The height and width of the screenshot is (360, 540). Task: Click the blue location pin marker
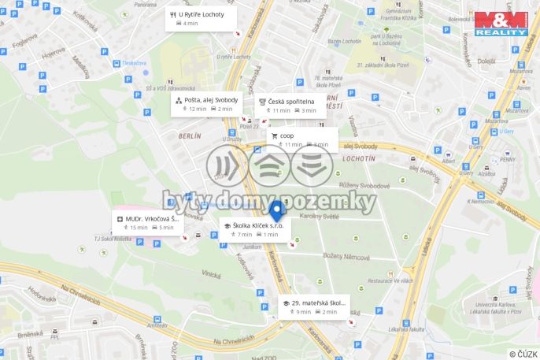pyautogui.click(x=276, y=210)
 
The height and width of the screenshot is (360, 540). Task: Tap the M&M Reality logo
pyautogui.click(x=501, y=23)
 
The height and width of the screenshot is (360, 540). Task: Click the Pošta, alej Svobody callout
pyautogui.click(x=207, y=104)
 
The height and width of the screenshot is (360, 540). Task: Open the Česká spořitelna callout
pyautogui.click(x=287, y=106)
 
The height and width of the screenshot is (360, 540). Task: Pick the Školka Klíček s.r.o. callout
pyautogui.click(x=255, y=229)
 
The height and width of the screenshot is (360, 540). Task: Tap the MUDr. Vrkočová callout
pyautogui.click(x=145, y=222)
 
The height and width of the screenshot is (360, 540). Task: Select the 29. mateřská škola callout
pyautogui.click(x=314, y=306)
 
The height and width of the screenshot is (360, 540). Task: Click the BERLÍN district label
pyautogui.click(x=190, y=135)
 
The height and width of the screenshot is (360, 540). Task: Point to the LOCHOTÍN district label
pyautogui.click(x=359, y=158)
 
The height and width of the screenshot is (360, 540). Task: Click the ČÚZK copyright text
pyautogui.click(x=523, y=354)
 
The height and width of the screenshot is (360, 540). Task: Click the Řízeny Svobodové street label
pyautogui.click(x=365, y=185)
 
